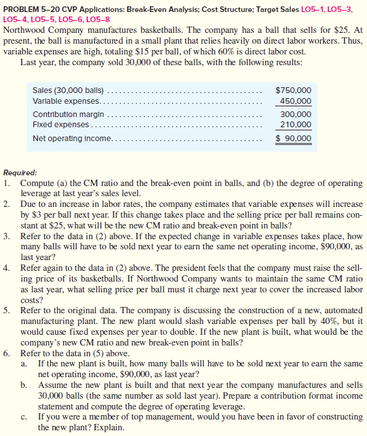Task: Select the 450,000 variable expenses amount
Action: (295, 101)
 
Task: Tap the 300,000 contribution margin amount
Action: (295, 115)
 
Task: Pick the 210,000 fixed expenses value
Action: (295, 125)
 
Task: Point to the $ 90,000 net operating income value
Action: (294, 139)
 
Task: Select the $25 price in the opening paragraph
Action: (339, 29)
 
